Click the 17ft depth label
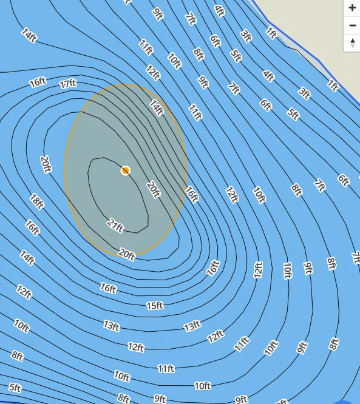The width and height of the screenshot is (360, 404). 68,84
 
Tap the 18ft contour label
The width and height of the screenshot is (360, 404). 37,201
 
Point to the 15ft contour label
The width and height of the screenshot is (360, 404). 155,305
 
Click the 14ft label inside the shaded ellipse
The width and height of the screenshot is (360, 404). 157,108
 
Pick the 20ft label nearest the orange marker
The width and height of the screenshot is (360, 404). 153,189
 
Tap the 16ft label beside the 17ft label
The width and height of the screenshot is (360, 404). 38,82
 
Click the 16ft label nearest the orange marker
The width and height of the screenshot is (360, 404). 192,194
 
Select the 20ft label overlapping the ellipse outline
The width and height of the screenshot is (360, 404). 126,254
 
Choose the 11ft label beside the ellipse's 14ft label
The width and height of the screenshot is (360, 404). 195,112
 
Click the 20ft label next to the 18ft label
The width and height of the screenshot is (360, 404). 46,164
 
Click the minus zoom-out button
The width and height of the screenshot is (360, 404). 352,25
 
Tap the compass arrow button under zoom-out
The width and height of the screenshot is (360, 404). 352,43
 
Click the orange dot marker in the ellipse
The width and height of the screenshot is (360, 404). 126,170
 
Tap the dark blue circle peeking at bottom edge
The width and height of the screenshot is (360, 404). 345,402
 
